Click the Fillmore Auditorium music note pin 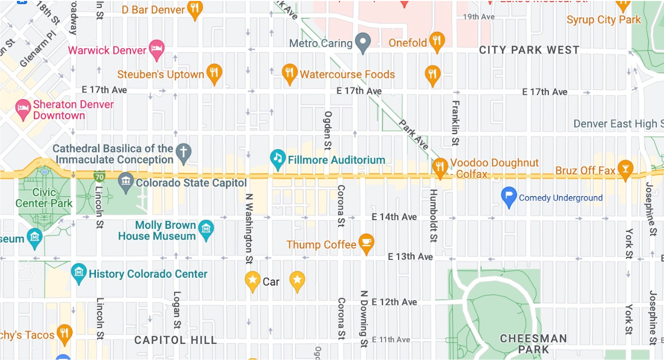(278, 159)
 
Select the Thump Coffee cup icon (366, 243)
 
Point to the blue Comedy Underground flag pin (509, 196)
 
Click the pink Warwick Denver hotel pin (156, 49)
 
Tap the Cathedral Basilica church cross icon (182, 152)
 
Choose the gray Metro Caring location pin (362, 42)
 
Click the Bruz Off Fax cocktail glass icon (625, 169)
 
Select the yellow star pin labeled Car (253, 281)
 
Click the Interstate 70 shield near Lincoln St (100, 177)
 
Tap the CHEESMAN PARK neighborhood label (533, 344)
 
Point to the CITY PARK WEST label (529, 50)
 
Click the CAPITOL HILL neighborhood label (176, 340)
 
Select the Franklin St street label (455, 123)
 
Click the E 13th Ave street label (410, 257)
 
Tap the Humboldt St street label (433, 215)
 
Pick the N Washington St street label (249, 229)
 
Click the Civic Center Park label (44, 198)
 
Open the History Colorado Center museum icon (78, 273)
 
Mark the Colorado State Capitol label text (191, 183)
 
